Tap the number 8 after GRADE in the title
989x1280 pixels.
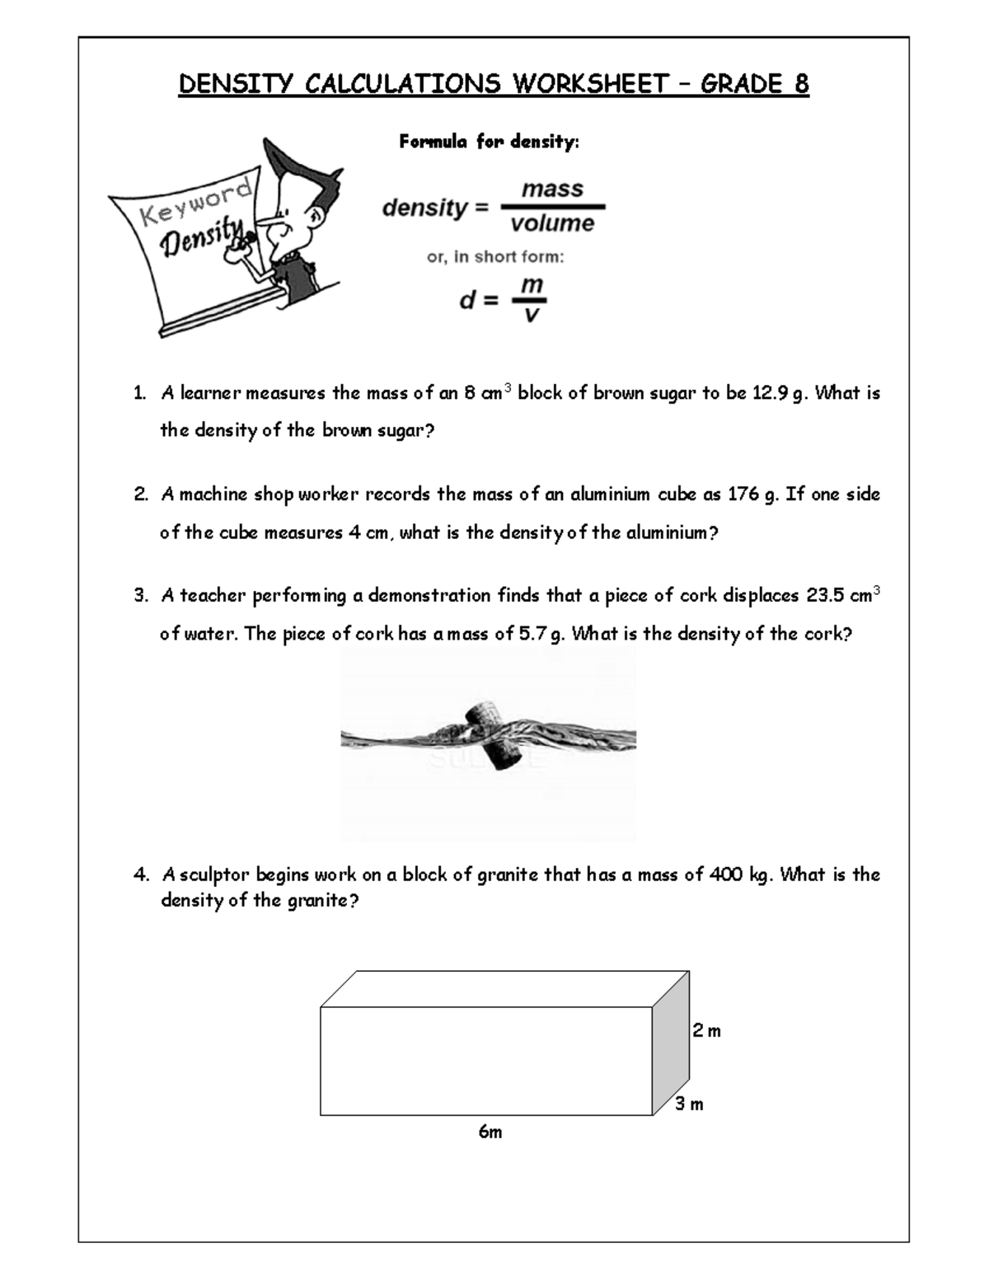tap(800, 84)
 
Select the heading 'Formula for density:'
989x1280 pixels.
tap(490, 142)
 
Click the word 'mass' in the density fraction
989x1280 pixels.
tap(552, 189)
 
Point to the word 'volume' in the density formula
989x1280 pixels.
tap(552, 223)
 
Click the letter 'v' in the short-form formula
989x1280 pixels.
tap(532, 314)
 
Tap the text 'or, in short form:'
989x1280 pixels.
tap(495, 257)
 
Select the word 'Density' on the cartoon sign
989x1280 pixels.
tap(202, 237)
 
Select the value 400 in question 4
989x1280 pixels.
tap(725, 874)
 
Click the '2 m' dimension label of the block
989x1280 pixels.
tap(706, 1031)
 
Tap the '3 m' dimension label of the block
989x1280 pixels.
tap(689, 1104)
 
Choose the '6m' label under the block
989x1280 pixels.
tap(490, 1132)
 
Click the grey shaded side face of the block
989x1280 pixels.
tap(671, 1043)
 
